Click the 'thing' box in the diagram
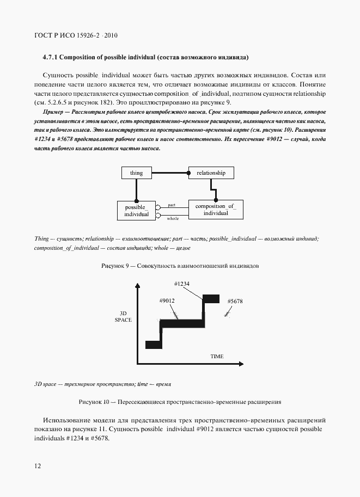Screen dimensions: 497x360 coord(136,173)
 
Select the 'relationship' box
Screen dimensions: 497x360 coord(211,173)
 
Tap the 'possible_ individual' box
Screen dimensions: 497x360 coord(136,211)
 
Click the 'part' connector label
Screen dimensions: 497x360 coord(172,205)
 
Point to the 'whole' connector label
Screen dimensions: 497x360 coord(172,218)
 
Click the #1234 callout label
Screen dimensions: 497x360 coord(181,284)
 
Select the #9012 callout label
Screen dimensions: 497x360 coord(167,301)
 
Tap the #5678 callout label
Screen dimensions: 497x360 coord(235,301)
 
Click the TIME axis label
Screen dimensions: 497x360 coord(217,356)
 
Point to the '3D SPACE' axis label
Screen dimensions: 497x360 coord(123,316)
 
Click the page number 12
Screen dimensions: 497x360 coord(37,466)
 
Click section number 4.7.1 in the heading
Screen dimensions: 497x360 coord(52,57)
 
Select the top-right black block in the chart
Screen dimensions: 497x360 coord(211,298)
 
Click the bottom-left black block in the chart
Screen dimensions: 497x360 coord(154,344)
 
